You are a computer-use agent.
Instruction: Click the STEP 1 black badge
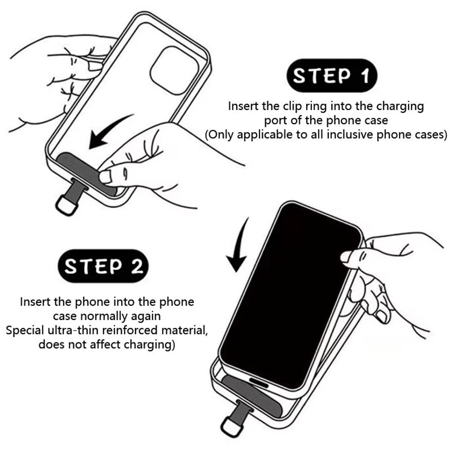pyautogui.click(x=331, y=76)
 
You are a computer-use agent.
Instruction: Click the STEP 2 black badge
pyautogui.click(x=103, y=267)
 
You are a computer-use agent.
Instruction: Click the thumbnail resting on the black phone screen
pyautogui.click(x=346, y=258)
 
